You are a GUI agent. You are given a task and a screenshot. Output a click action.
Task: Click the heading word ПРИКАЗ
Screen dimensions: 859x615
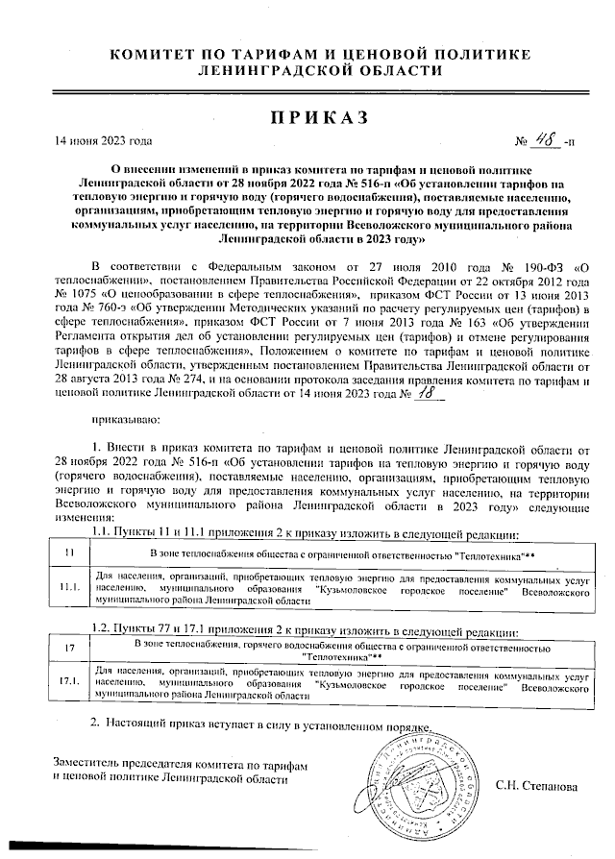click(307, 118)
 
